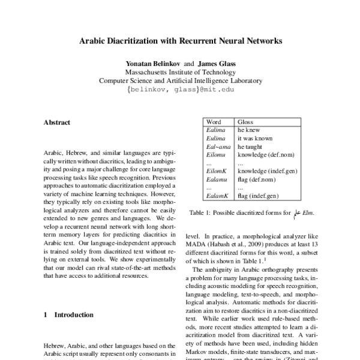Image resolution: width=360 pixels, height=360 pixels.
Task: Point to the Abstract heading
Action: (x=57, y=123)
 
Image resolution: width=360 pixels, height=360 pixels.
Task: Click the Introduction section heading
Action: (x=70, y=314)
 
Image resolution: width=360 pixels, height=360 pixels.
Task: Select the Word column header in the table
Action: (x=214, y=121)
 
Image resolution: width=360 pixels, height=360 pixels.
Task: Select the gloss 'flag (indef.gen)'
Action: (x=258, y=196)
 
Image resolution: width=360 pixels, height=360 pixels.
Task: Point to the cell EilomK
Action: (x=216, y=170)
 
